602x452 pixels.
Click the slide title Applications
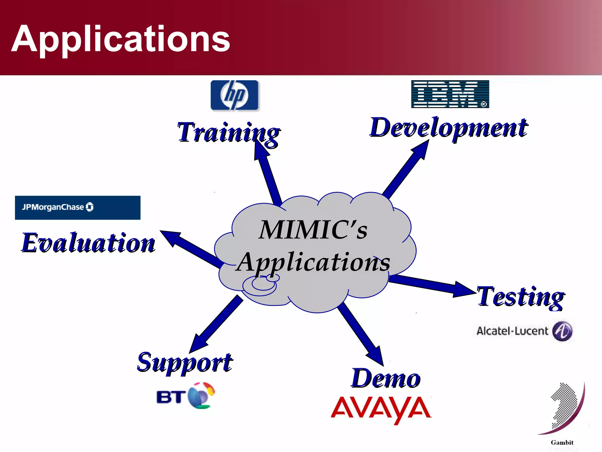click(x=121, y=39)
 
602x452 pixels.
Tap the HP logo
click(x=235, y=95)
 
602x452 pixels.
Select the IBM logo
click(x=450, y=94)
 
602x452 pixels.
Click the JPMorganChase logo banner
click(x=78, y=207)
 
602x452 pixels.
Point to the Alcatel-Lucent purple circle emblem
click(x=562, y=331)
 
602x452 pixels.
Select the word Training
click(x=228, y=133)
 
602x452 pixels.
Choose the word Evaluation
click(x=88, y=243)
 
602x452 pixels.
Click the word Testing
click(x=520, y=297)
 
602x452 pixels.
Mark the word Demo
click(x=386, y=379)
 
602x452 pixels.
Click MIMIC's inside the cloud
click(x=313, y=230)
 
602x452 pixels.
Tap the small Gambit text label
click(x=562, y=442)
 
